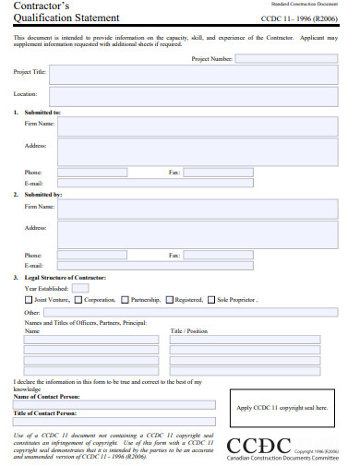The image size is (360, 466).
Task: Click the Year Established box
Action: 80,288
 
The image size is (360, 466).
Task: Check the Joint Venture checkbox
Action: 28,300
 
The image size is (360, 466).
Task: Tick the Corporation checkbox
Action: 78,300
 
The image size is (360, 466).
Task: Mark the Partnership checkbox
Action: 124,300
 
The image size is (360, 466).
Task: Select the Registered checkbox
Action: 169,300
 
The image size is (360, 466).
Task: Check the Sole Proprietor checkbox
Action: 211,300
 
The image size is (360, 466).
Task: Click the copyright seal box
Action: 282,408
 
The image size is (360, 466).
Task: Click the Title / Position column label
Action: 189,330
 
